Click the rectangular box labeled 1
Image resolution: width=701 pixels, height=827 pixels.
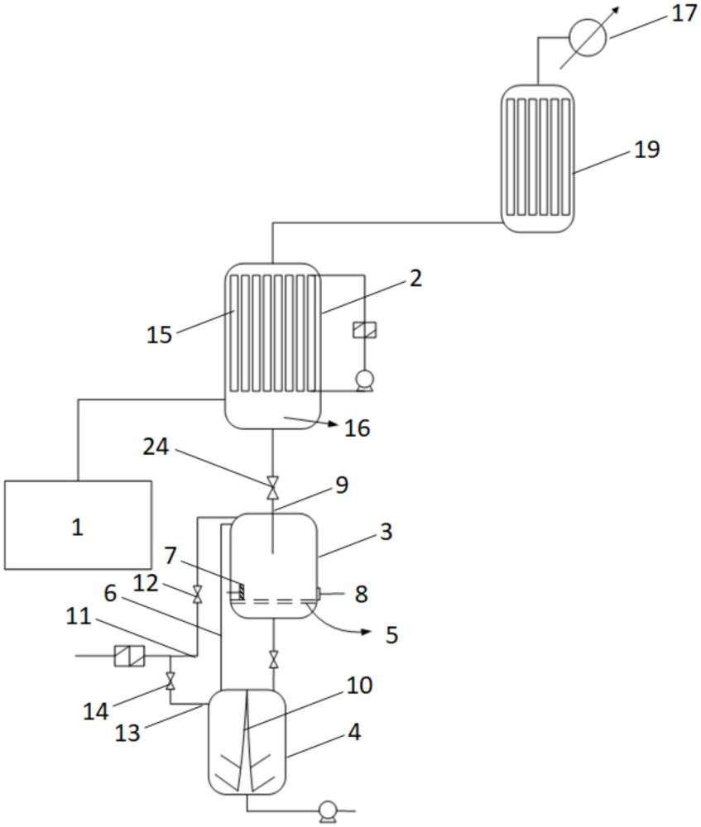(78, 525)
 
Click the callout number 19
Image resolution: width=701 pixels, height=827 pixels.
(647, 150)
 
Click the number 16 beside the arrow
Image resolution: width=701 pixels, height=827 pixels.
(358, 428)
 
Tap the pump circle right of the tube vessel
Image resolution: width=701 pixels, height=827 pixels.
(363, 380)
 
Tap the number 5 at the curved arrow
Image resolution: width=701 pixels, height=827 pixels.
(391, 634)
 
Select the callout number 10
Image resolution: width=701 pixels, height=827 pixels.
(360, 686)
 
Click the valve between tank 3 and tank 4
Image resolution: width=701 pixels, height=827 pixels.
(273, 660)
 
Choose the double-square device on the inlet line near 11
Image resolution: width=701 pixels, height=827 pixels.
(129, 657)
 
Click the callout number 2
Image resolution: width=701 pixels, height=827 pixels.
(415, 278)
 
